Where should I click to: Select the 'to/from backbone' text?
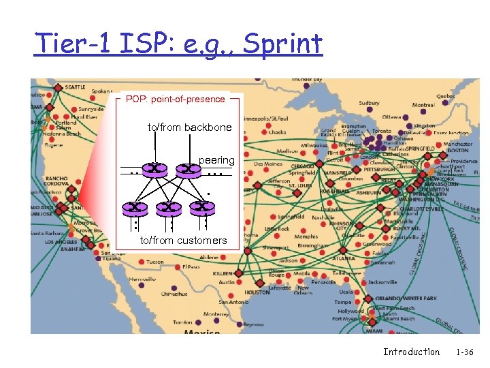[x=190, y=127]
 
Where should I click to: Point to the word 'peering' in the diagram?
[x=216, y=160]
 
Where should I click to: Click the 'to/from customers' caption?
[x=183, y=241]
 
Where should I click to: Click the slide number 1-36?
[x=465, y=352]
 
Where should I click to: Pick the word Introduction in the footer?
[x=411, y=352]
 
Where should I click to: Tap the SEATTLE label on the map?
[x=75, y=87]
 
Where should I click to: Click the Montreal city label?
[x=423, y=105]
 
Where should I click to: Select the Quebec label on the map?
[x=446, y=96]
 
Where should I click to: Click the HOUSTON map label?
[x=257, y=292]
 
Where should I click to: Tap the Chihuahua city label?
[x=174, y=294]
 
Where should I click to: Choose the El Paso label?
[x=191, y=267]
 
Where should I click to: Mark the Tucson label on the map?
[x=154, y=262]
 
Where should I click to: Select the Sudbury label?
[x=370, y=104]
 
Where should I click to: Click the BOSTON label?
[x=457, y=151]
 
